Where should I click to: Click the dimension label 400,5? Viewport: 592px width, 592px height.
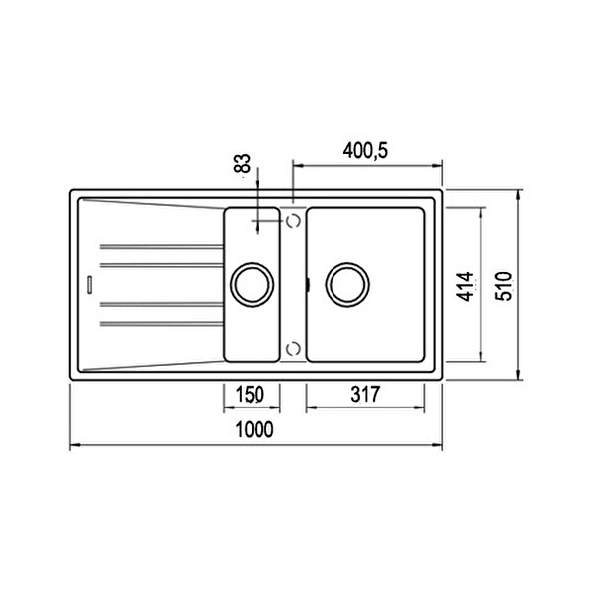tap(366, 151)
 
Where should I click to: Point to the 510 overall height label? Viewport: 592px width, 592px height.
tap(504, 286)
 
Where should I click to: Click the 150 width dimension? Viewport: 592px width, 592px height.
tap(250, 395)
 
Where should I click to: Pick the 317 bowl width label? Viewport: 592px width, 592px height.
tap(365, 395)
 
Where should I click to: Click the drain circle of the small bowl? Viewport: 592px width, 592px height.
tap(251, 284)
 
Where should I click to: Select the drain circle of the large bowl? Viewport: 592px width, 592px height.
tap(347, 284)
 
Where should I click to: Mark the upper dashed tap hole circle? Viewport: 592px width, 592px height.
tap(293, 222)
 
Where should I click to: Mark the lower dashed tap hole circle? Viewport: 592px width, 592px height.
tap(293, 348)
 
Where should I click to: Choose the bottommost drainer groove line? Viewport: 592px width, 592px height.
tap(161, 323)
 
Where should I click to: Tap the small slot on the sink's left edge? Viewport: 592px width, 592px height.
tap(89, 284)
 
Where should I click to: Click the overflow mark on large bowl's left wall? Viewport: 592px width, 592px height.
tap(308, 285)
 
